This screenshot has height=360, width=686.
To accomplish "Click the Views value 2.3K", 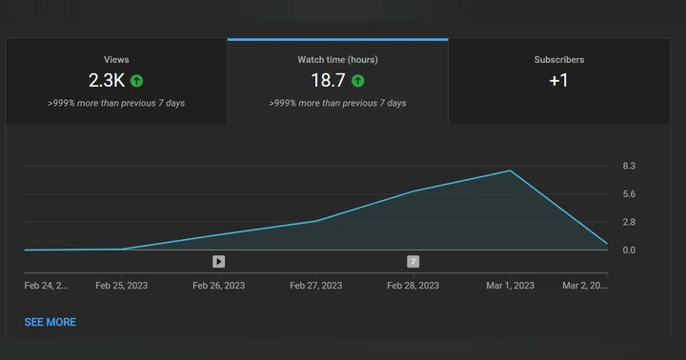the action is point(107,81).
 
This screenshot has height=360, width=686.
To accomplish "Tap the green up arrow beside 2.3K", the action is point(136,81).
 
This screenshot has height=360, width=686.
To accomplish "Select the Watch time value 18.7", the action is point(328,81).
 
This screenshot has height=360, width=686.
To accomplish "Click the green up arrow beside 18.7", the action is point(358,81).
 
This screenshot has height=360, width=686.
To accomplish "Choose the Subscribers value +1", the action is point(558,81).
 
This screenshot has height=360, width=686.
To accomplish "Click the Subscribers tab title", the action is point(559,59).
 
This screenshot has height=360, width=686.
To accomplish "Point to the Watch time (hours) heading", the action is point(337,59).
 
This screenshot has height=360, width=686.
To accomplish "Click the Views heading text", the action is point(116,59).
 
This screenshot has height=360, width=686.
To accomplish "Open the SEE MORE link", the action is point(50,323).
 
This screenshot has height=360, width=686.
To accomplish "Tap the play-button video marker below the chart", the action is point(219,262).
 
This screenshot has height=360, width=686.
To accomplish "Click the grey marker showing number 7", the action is point(413,262).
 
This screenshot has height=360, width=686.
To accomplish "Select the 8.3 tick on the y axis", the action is point(629,166).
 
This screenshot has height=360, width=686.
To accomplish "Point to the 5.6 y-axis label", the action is point(629,193).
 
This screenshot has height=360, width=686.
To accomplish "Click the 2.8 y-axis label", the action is point(629,222).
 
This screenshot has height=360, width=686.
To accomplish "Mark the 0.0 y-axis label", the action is point(629,250).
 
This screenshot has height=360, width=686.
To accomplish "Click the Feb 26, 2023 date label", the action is point(219,286).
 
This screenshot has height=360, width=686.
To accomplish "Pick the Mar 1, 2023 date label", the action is point(510,286).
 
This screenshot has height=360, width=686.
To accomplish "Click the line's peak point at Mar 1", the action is point(510,170).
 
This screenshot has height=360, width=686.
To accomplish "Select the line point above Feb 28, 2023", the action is point(413,191).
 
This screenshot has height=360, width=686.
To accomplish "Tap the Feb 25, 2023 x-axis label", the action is point(122,286).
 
